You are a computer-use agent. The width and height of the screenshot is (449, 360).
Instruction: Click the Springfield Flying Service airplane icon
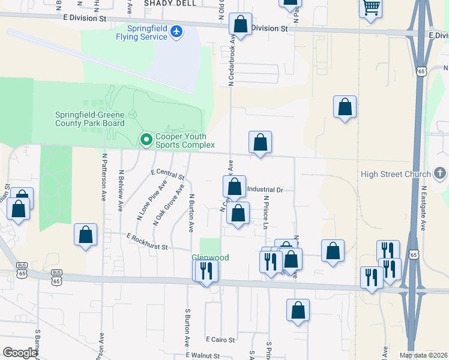176,31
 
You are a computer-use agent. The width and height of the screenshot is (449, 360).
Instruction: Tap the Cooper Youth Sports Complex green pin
146,140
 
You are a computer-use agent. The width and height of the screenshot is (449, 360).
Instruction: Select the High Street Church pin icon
441,175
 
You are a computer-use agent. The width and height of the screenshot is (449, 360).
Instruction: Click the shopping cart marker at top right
371,7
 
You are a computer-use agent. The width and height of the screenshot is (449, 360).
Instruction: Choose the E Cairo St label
220,340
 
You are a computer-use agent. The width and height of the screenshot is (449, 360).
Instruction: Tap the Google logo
20,353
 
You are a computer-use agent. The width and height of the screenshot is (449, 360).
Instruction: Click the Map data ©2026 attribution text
423,355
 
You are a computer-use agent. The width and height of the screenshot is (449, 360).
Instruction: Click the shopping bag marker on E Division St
240,25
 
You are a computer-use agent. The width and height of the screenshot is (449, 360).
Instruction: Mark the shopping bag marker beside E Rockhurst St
86,235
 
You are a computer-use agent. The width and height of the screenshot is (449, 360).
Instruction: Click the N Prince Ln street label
265,212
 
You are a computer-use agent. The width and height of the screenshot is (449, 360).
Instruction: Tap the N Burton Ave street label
191,213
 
